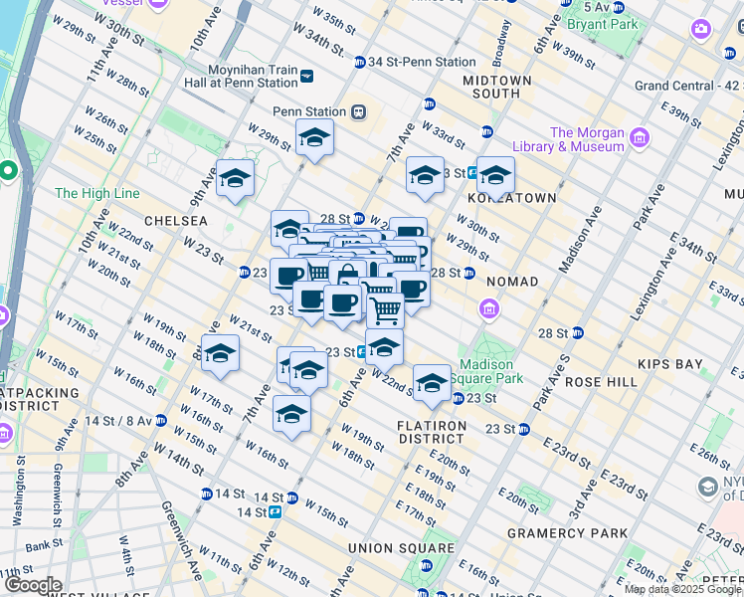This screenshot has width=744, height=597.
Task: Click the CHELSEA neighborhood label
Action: tap(175, 220)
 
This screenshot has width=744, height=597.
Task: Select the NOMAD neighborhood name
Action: tap(511, 282)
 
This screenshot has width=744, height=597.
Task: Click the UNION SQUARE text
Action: tap(401, 548)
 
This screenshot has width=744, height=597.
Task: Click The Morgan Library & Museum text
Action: tap(587, 140)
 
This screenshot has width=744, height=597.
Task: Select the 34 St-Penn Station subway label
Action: tap(421, 62)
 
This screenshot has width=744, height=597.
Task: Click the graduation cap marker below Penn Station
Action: tap(314, 138)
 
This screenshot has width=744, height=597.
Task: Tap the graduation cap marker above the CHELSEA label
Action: tap(235, 179)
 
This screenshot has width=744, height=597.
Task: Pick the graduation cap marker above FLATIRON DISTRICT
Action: tap(432, 384)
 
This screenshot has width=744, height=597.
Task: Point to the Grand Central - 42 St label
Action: tap(687, 86)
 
